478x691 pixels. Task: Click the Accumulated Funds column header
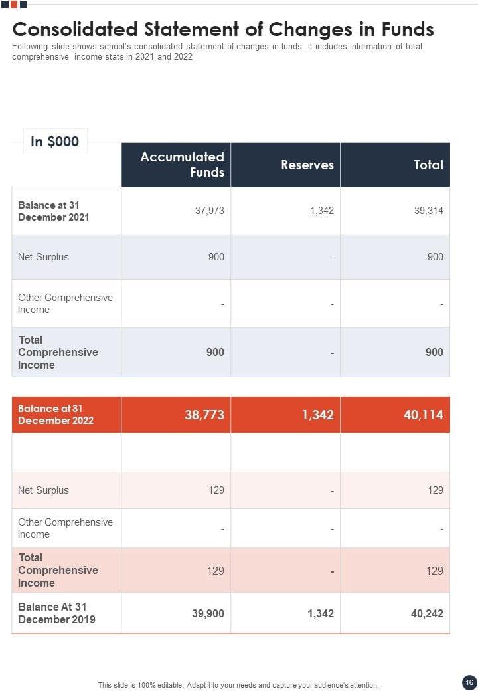[182, 165]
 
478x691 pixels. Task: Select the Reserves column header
[307, 165]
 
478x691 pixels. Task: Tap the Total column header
[428, 165]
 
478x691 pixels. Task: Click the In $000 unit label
[55, 141]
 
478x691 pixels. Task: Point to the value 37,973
[209, 211]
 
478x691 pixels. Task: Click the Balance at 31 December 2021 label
[53, 211]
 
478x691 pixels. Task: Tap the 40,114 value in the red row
[423, 415]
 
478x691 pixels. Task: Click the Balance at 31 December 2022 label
[56, 415]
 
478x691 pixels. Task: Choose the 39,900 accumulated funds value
[208, 613]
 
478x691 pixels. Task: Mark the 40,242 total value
[427, 613]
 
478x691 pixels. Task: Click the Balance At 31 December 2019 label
[56, 613]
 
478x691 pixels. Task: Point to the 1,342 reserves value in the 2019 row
[321, 613]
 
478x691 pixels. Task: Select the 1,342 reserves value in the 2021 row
[321, 211]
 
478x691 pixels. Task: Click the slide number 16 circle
[468, 682]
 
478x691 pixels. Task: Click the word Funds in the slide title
[407, 29]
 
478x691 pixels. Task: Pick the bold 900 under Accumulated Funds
[215, 352]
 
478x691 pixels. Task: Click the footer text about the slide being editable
[238, 685]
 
